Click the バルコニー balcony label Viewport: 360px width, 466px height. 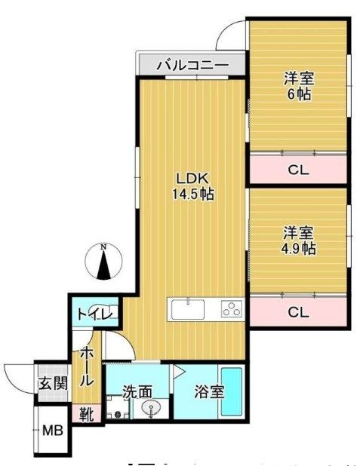[192, 66]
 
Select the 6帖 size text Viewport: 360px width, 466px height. [299, 95]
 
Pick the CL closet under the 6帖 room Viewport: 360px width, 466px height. [299, 170]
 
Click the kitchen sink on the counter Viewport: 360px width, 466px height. [187, 309]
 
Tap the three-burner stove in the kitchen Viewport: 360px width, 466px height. [231, 309]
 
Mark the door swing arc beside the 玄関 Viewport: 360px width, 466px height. [17, 373]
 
